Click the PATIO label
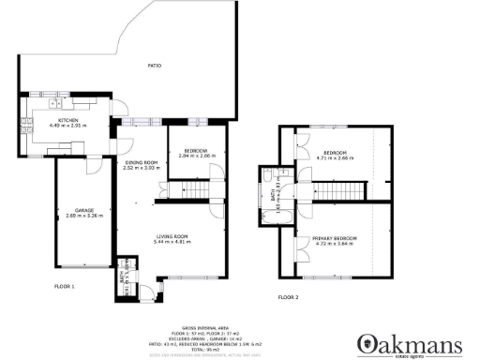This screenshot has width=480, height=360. click(155, 66)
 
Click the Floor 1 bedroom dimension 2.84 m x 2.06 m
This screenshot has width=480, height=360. click(198, 156)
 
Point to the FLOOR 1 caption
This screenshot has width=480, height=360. click(65, 285)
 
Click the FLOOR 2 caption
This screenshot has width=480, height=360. click(288, 297)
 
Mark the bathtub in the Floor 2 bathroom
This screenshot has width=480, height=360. click(268, 214)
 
